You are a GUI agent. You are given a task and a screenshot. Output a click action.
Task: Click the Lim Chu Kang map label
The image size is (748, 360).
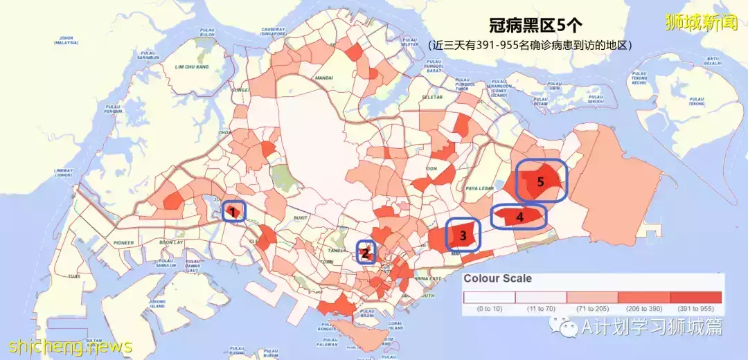[x=192, y=67]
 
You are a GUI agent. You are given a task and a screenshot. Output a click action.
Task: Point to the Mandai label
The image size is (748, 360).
[x=323, y=78]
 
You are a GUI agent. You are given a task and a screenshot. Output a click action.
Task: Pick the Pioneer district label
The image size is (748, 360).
[x=123, y=242]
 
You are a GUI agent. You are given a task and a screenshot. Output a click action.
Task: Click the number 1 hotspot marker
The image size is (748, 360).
[x=233, y=211]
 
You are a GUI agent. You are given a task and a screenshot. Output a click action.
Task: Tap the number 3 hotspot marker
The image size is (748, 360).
[x=463, y=235]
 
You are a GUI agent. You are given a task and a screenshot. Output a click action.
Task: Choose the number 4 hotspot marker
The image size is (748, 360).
[x=519, y=217]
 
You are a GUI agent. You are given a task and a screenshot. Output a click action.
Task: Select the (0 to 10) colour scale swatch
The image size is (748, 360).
[x=489, y=297]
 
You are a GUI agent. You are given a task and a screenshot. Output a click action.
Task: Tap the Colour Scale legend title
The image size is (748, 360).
[x=497, y=279]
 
